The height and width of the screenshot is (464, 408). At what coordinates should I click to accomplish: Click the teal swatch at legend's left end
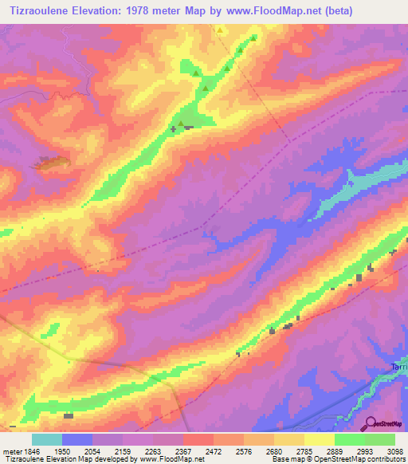pyautogui.click(x=47, y=439)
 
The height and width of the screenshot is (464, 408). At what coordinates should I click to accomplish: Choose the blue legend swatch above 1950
pyautogui.click(x=77, y=439)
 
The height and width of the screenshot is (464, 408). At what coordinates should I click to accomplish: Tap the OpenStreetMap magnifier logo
pyautogui.click(x=369, y=423)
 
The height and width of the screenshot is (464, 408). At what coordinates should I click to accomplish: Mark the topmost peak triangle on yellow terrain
pyautogui.click(x=220, y=29)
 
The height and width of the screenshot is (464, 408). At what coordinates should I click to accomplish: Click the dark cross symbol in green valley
pyautogui.click(x=174, y=128)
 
